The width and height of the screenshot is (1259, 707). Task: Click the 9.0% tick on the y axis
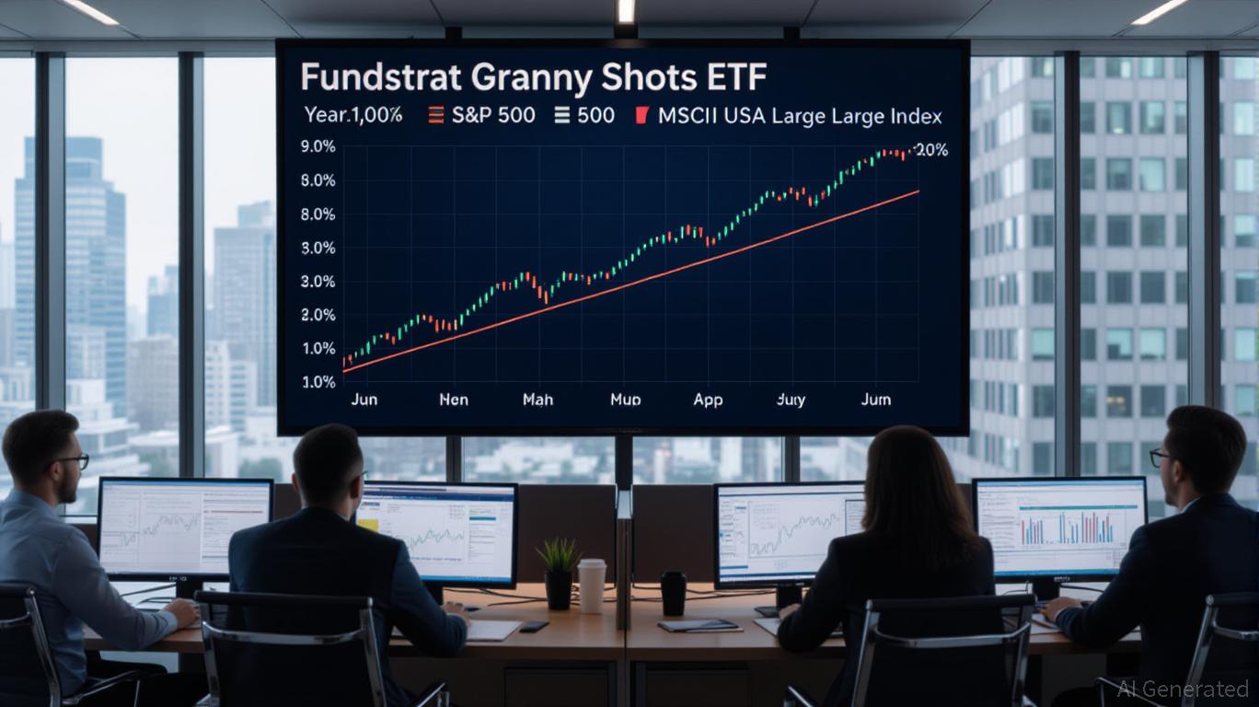(318, 146)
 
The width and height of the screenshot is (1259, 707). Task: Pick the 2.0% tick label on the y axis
(318, 315)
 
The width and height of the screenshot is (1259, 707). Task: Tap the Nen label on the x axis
(453, 400)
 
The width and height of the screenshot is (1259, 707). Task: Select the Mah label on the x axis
(537, 400)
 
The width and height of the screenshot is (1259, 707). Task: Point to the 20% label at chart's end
(930, 150)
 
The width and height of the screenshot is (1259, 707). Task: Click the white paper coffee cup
(592, 585)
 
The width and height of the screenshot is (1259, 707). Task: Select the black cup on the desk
(673, 593)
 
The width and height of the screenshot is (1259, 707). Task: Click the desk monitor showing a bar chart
(1059, 529)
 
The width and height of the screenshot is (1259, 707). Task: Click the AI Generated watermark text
(1183, 689)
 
